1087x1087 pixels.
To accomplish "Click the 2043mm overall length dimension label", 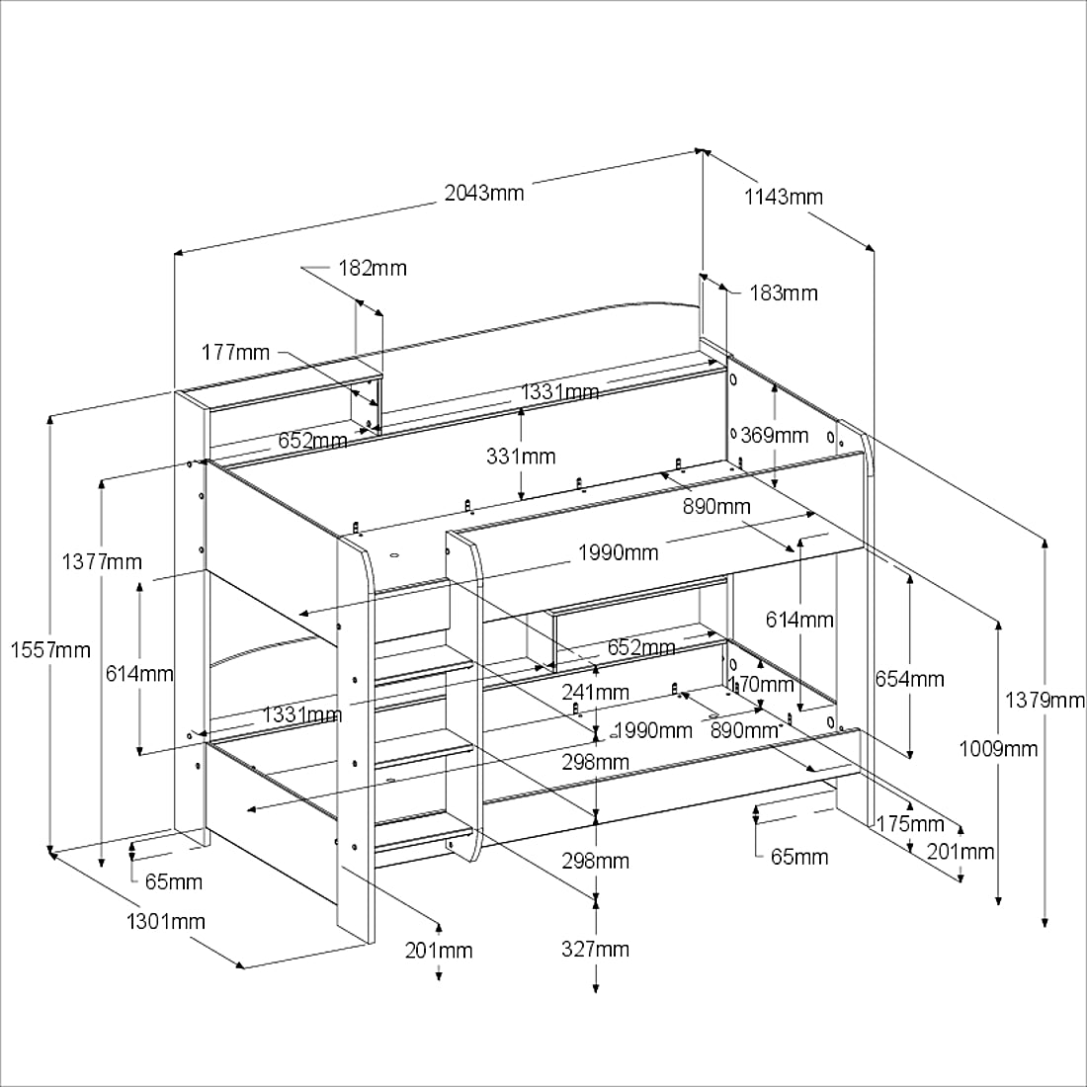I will coord(483,192).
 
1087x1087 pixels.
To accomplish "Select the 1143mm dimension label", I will coord(783,196).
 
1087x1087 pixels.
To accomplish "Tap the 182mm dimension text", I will coord(372,268).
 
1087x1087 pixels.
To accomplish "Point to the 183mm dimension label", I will coord(783,293).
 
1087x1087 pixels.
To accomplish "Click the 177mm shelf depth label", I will coord(235,352).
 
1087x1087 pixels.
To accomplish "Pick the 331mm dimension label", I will coord(521,456).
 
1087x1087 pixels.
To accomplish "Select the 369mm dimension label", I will coord(775,435).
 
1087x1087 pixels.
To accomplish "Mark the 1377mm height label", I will coord(102,561).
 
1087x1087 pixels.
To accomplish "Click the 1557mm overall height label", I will coord(49,649).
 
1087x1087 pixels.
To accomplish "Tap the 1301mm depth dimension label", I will coord(166,921).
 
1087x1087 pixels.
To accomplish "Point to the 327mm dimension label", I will coord(595,949).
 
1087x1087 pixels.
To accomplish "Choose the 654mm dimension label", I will coord(909,679).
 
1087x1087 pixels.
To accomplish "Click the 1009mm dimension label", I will coord(998,748).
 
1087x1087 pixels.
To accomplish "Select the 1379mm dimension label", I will coord(1045,700).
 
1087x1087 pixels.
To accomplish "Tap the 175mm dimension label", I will coord(910,823).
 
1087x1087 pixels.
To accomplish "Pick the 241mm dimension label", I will coord(595,692).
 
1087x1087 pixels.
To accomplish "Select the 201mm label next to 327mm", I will coord(439,950).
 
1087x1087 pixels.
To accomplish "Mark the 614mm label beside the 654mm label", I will coord(799,620).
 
